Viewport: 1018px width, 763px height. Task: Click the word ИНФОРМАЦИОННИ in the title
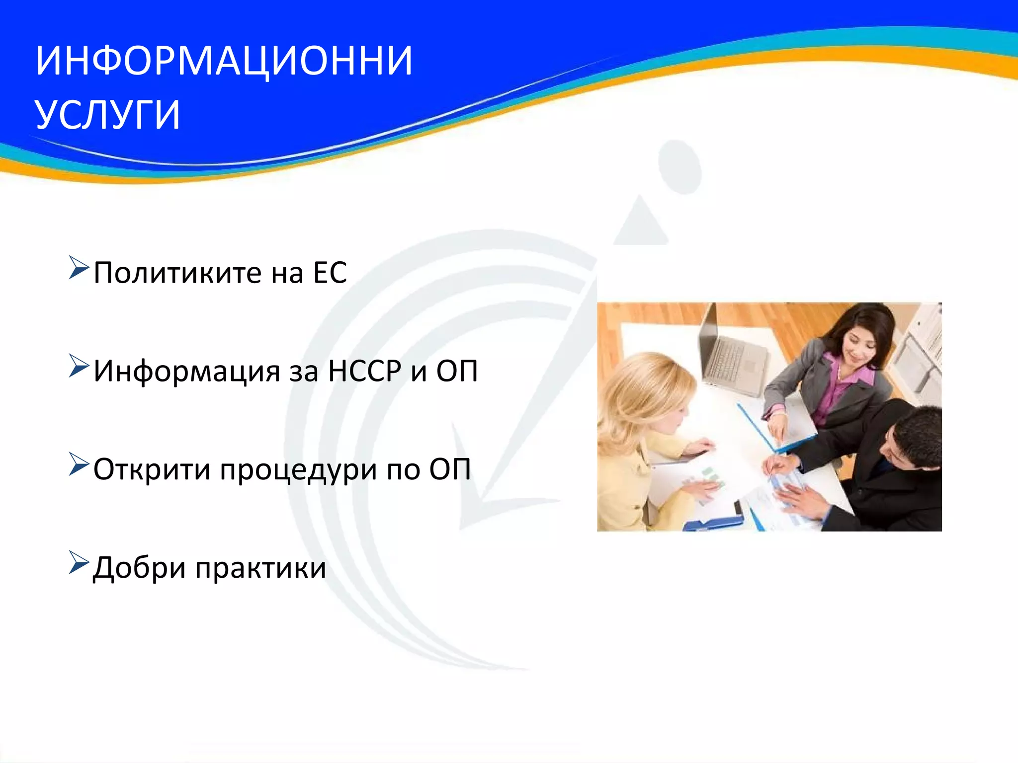point(224,61)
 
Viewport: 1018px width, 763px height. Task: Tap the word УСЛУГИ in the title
point(108,115)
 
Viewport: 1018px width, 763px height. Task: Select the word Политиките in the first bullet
point(177,273)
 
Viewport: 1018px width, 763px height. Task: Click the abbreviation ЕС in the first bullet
point(330,273)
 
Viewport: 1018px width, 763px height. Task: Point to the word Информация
point(187,371)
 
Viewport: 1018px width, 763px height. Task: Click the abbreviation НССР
point(364,371)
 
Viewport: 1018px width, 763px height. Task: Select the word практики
point(260,568)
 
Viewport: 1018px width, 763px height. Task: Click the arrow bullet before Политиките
point(79,268)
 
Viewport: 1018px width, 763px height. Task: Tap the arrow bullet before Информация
point(79,366)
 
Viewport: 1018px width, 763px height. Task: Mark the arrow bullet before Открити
point(79,464)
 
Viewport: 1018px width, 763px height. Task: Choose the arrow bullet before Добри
point(79,562)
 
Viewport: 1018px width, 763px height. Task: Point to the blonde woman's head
point(646,392)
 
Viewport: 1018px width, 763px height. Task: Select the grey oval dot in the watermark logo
point(679,166)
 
